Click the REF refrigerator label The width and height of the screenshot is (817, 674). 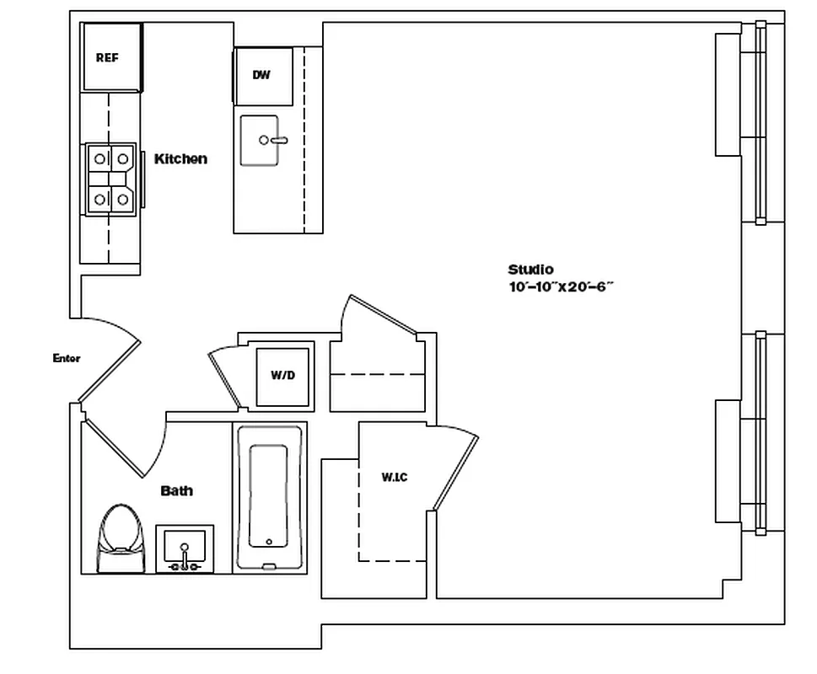point(106,58)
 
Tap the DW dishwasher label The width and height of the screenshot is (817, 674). point(261,75)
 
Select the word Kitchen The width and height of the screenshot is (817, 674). point(180,158)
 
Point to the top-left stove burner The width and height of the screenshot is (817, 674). point(99,158)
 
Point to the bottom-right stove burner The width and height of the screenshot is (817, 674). point(122,199)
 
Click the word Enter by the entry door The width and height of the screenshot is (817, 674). point(67,358)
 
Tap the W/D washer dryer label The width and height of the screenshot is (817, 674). point(282,375)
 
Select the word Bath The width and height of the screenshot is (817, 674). point(176,490)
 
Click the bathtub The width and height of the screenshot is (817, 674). point(269,497)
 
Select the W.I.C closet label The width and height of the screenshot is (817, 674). point(394,478)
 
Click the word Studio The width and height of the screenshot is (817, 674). point(530,270)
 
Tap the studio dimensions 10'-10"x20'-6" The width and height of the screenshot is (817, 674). point(560,286)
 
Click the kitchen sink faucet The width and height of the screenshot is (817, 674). point(275,140)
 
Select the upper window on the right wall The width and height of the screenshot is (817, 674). point(760,122)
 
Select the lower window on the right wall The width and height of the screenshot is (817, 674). point(760,433)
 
